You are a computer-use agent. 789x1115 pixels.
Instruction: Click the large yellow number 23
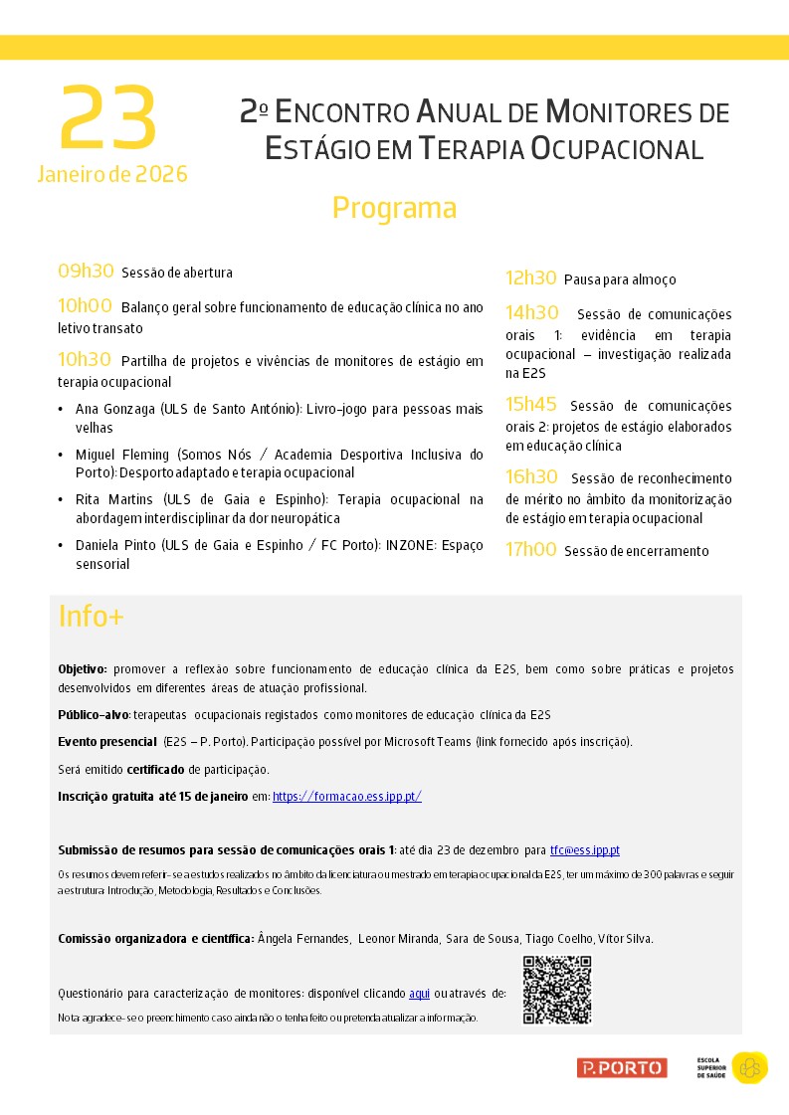click(x=108, y=119)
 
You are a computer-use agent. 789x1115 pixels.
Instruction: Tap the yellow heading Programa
click(x=394, y=208)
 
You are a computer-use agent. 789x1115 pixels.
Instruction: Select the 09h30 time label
click(x=86, y=271)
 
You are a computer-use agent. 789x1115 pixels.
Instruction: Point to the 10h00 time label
click(x=85, y=305)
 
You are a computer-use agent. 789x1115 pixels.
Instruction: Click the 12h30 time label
click(x=530, y=279)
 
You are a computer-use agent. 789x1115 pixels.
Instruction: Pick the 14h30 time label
click(x=531, y=313)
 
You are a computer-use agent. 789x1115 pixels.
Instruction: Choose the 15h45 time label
click(x=532, y=405)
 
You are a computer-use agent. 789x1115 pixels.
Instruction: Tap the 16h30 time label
click(x=531, y=477)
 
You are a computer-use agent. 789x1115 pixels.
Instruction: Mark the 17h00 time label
click(x=530, y=549)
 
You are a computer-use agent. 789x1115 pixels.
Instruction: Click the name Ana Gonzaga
click(x=114, y=409)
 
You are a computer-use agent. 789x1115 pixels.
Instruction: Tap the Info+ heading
click(x=91, y=617)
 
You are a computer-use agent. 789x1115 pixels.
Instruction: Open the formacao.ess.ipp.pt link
click(x=347, y=796)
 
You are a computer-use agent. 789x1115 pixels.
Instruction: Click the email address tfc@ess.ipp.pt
click(x=585, y=850)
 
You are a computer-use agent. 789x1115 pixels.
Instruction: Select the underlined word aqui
click(x=419, y=994)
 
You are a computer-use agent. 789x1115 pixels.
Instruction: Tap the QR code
click(x=557, y=990)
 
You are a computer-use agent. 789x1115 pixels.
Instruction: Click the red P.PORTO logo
click(x=622, y=1067)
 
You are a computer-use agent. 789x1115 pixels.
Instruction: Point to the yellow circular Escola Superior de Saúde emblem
click(x=749, y=1067)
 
